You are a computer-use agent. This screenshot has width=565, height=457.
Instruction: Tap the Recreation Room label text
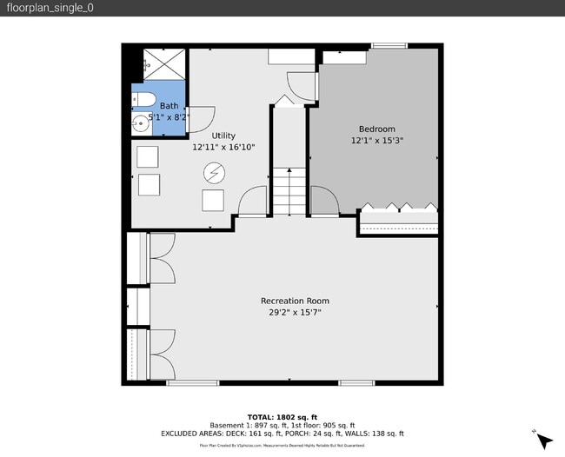coord(295,301)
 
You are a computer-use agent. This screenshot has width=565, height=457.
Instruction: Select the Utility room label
coord(223,136)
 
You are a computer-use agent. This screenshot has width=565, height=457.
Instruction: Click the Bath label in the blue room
coord(167,105)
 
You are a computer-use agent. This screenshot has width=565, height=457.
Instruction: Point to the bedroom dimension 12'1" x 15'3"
coord(377,140)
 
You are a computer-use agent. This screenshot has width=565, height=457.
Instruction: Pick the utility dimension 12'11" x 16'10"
coord(223,147)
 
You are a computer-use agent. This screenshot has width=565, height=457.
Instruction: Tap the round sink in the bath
coord(140,125)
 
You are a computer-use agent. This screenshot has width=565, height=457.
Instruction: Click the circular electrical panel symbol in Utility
coord(213,173)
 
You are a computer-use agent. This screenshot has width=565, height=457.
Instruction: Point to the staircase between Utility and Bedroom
coord(289,191)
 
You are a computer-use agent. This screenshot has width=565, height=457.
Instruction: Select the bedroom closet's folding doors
coord(399,209)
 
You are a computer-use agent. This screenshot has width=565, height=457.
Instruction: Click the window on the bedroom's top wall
coord(389,45)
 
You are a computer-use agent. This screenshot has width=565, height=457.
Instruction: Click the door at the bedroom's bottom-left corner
coord(323,201)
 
